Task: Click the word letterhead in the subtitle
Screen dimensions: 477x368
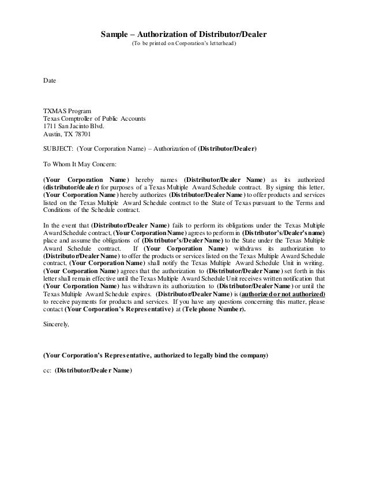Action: (x=219, y=44)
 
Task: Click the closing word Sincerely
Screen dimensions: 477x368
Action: (x=57, y=325)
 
